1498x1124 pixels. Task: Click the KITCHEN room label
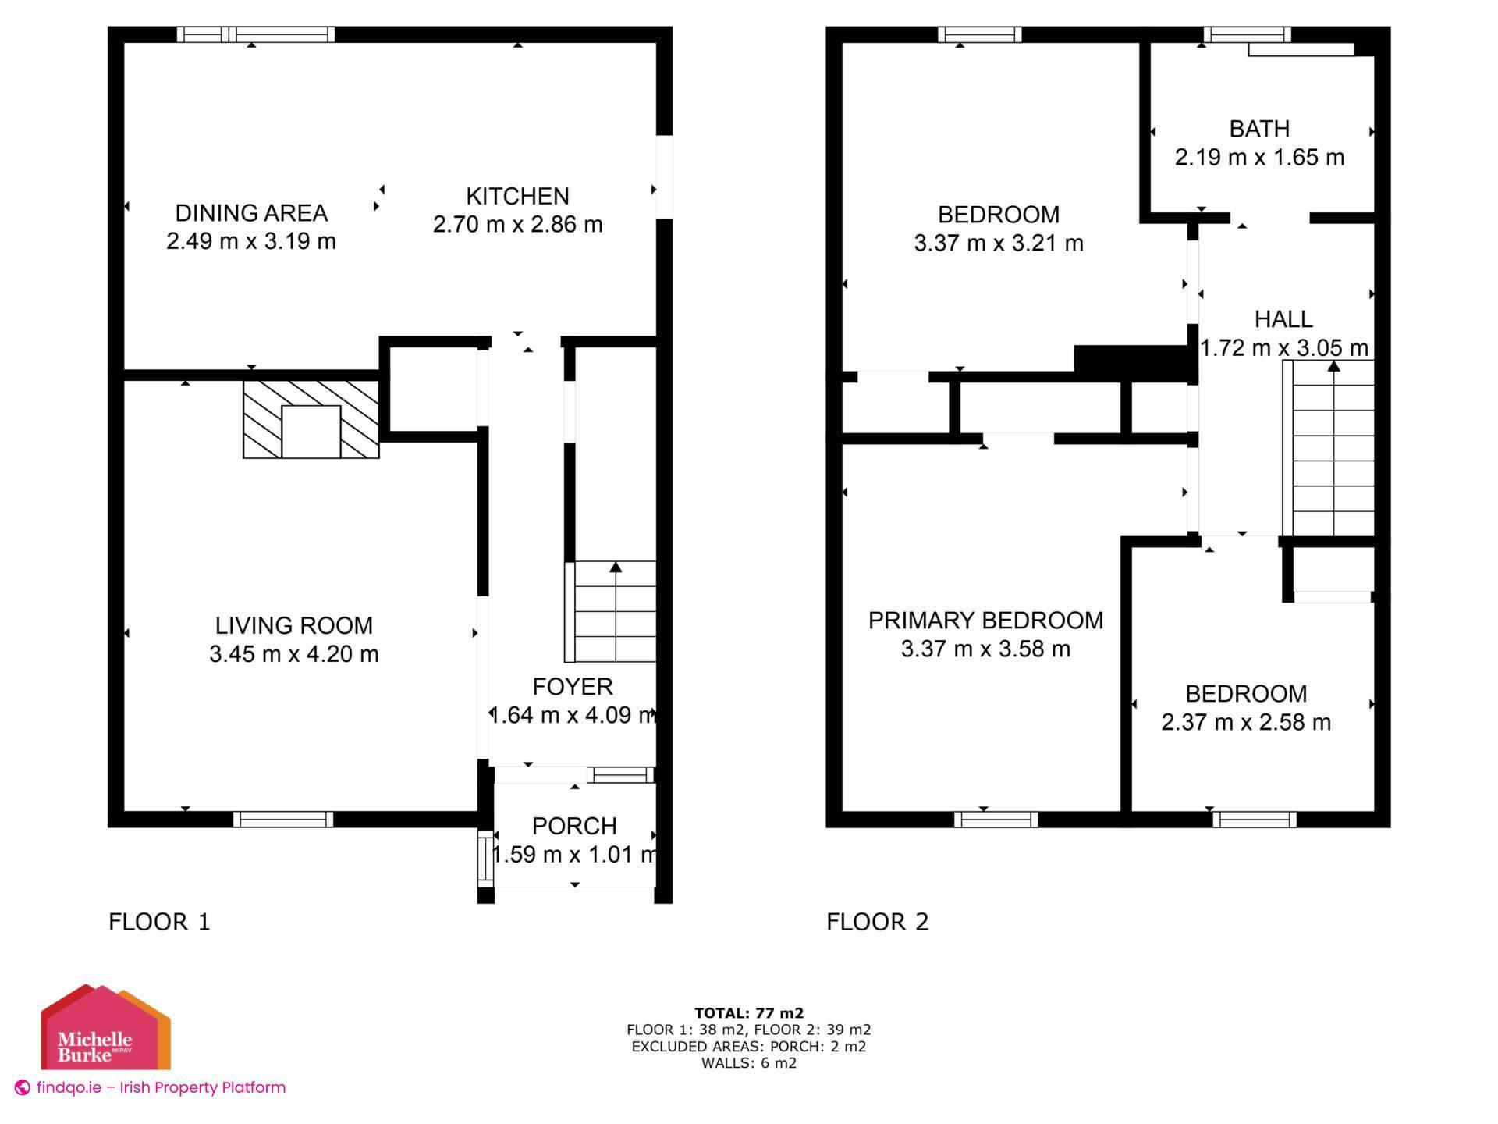[517, 196]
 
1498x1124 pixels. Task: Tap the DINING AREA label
[251, 212]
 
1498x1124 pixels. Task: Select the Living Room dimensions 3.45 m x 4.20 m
[293, 654]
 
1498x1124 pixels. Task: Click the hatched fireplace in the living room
[311, 420]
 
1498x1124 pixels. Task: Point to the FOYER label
[572, 687]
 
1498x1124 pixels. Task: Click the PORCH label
[574, 826]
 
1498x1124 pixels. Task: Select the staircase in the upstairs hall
[1333, 449]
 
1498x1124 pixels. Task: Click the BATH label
[1259, 129]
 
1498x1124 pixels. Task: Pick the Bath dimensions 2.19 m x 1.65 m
[1259, 158]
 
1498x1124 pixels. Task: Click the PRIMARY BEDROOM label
[985, 621]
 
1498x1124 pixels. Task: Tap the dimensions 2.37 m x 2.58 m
[1246, 723]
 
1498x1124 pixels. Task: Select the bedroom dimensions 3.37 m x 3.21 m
[998, 244]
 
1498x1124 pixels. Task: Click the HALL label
[1283, 319]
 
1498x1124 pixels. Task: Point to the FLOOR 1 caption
[159, 922]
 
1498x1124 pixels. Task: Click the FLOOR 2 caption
[877, 922]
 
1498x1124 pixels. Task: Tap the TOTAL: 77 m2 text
[748, 1014]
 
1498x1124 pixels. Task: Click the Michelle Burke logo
[105, 1029]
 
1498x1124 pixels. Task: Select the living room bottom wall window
[282, 819]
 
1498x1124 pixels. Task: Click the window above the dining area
[256, 34]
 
